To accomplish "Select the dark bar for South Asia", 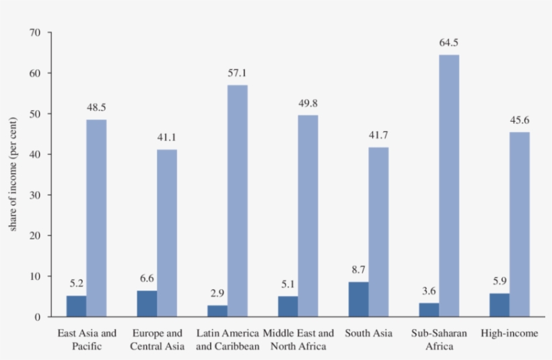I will (x=359, y=299).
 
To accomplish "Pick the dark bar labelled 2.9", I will (x=217, y=311).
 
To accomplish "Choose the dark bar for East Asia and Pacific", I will (x=76, y=306).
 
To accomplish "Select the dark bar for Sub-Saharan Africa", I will (x=429, y=310).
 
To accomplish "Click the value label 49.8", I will (x=308, y=103).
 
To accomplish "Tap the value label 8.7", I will (x=359, y=270).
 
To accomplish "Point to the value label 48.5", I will (x=96, y=107).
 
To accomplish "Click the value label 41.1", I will (x=167, y=137).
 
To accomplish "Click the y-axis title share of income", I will (x=13, y=174).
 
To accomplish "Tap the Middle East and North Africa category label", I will (x=298, y=340).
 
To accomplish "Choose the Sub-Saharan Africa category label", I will (x=439, y=340).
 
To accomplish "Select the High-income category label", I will (x=510, y=333).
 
